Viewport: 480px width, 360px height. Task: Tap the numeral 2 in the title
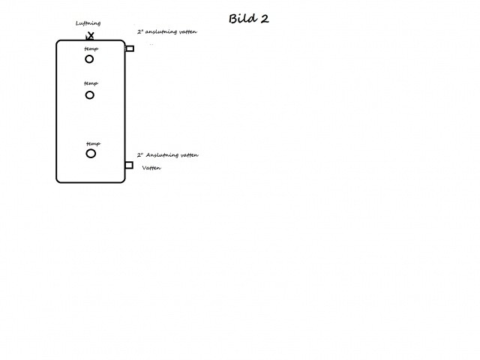[x=265, y=19]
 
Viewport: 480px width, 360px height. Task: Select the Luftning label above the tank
[x=88, y=23]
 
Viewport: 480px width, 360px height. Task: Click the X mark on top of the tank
[x=90, y=36]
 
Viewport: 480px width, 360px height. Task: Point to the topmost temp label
[x=91, y=49]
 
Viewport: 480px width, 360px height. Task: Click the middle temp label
[x=91, y=83]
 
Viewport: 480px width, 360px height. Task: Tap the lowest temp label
[x=93, y=143]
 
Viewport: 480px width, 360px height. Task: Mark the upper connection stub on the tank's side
[x=130, y=48]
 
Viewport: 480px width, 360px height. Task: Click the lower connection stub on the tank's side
[x=129, y=165]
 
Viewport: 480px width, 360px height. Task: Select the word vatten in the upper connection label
[x=188, y=31]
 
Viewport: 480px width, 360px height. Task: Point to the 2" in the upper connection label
[x=140, y=31]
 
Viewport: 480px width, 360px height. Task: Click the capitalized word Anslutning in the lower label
[x=162, y=155]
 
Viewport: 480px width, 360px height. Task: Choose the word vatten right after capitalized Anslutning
[x=190, y=155]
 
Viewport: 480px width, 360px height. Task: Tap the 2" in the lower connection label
[x=140, y=155]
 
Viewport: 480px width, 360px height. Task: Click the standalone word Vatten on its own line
[x=151, y=168]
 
